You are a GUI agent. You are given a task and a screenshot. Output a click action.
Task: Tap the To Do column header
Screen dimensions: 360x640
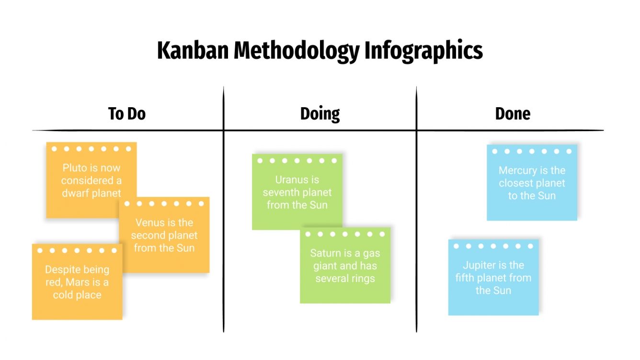click(127, 114)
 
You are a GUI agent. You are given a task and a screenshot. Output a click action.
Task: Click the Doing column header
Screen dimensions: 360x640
click(320, 114)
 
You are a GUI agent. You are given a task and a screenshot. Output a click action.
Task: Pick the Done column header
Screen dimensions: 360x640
click(513, 114)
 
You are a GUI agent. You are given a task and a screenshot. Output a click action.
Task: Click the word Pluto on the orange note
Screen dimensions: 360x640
click(75, 168)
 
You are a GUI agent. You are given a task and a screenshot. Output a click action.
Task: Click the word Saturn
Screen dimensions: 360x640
click(326, 253)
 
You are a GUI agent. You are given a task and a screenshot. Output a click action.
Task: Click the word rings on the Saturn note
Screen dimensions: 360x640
click(362, 278)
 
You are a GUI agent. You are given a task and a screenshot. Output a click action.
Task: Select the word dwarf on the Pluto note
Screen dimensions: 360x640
click(76, 193)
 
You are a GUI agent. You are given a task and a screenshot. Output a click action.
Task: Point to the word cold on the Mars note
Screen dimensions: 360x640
click(62, 294)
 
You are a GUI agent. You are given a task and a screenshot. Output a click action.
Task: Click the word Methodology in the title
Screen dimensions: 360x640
click(296, 51)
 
